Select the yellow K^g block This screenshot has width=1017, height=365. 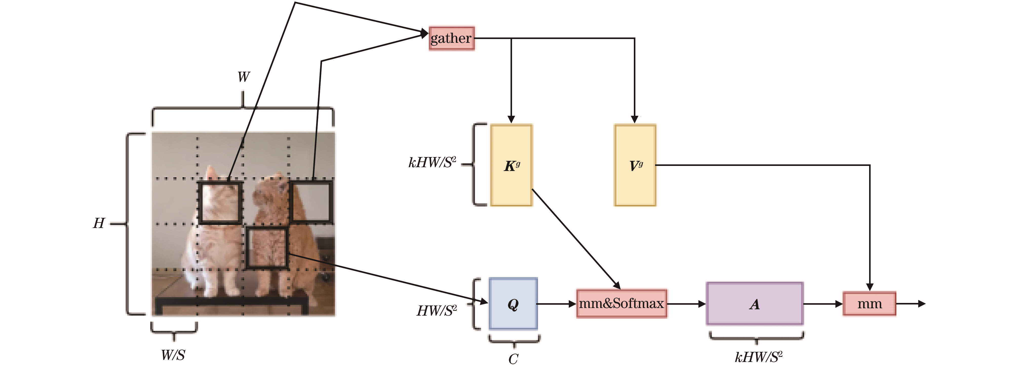tap(511, 165)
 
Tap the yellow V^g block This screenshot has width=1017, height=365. tap(635, 165)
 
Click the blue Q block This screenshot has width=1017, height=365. tap(513, 304)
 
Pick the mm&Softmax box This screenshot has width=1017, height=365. tap(622, 303)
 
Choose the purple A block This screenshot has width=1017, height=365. tap(754, 304)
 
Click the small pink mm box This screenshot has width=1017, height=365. tap(869, 303)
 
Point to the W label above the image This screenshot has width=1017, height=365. tap(244, 77)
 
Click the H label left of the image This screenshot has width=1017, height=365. tap(99, 223)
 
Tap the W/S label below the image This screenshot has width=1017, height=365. tap(173, 355)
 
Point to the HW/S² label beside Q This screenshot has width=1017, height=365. tap(437, 311)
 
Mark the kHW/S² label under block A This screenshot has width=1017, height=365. tap(758, 357)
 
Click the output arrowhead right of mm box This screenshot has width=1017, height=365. tap(922, 303)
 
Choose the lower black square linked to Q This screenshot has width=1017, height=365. tap(267, 247)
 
